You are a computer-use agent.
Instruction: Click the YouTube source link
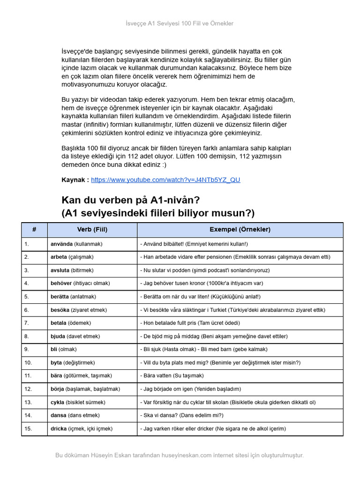coord(165,180)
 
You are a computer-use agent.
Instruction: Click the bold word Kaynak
coord(75,180)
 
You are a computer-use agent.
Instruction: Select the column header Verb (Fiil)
coord(92,230)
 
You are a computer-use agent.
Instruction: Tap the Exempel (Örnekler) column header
coord(240,230)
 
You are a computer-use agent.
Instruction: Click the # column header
coord(34,230)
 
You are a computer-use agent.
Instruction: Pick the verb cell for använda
coord(76,244)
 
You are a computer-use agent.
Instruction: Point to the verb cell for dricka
coord(82,428)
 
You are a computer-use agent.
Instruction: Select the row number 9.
coord(27,349)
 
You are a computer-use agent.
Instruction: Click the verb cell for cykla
coord(78,402)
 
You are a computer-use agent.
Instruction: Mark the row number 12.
coord(28,389)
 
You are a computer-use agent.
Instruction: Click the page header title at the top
coord(180,23)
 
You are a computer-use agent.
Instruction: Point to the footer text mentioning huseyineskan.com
coord(180,455)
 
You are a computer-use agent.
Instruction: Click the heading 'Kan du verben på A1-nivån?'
coord(131,200)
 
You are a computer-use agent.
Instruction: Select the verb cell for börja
coord(85,389)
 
